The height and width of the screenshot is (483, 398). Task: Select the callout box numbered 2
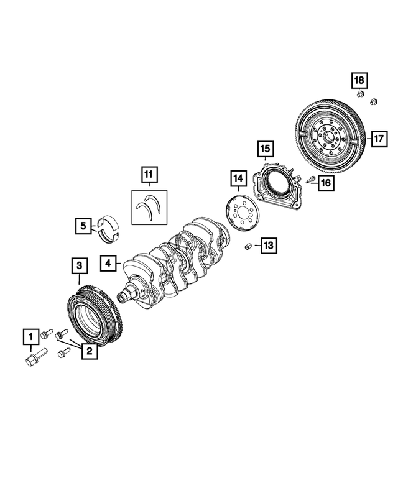(x=89, y=351)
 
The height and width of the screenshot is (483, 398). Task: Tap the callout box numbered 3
(x=78, y=267)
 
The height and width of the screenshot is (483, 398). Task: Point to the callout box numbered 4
(x=108, y=263)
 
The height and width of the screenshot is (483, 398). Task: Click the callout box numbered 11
(x=149, y=175)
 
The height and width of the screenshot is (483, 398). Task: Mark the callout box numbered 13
(x=267, y=246)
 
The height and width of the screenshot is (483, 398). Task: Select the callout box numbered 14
(x=237, y=179)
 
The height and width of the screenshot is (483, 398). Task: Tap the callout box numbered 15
(x=265, y=149)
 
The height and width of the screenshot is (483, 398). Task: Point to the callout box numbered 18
(x=359, y=80)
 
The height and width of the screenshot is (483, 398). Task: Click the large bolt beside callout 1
(x=31, y=361)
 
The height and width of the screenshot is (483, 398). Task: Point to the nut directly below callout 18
(x=360, y=95)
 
